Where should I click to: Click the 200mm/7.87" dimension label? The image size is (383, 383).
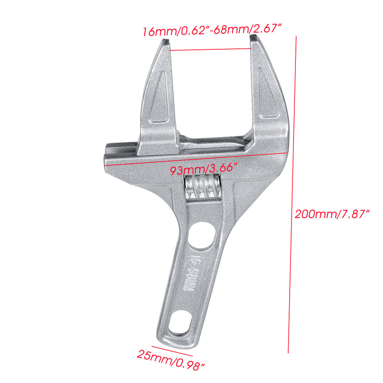pyautogui.click(x=333, y=214)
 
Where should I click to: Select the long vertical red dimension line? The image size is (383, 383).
pyautogui.click(x=293, y=191)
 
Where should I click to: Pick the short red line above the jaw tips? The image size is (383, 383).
pyautogui.click(x=209, y=49)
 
